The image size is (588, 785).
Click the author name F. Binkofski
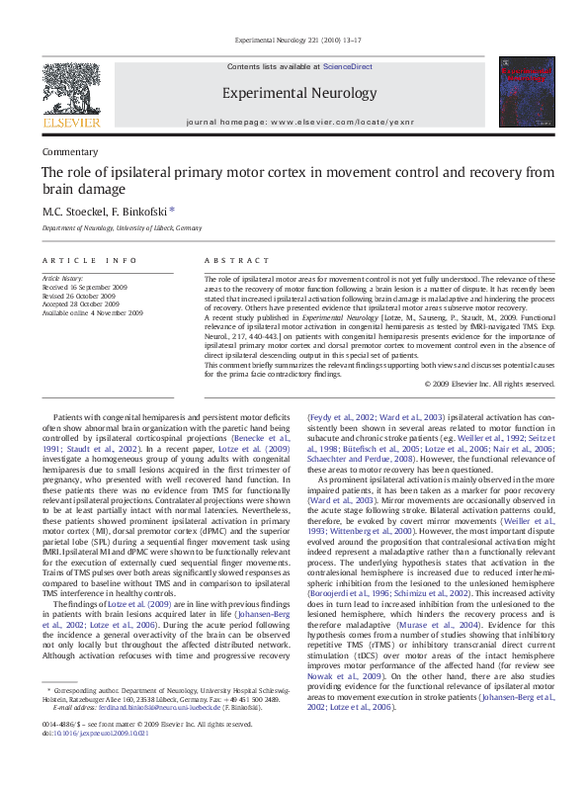[141, 211]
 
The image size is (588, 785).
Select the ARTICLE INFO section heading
[89, 260]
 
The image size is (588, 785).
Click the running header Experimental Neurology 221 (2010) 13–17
[294, 40]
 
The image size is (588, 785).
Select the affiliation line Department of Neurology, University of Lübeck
[121, 227]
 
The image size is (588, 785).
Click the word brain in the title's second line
[63, 189]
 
